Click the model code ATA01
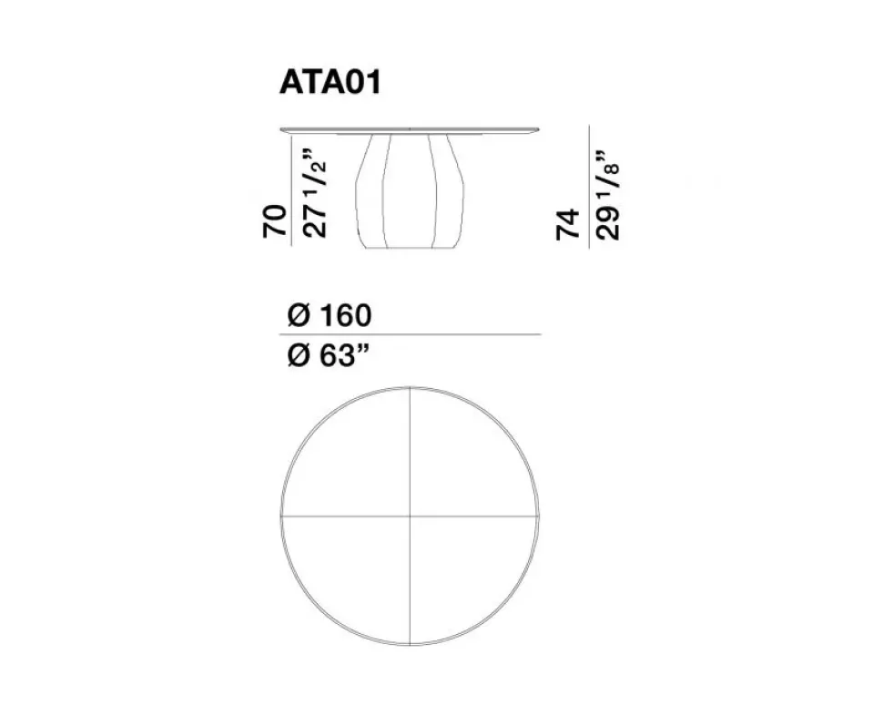pyautogui.click(x=329, y=83)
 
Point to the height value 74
pyautogui.click(x=568, y=224)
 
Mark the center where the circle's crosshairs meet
pyautogui.click(x=411, y=517)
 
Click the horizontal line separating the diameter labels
pyautogui.click(x=411, y=335)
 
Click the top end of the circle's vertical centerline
pyautogui.click(x=411, y=389)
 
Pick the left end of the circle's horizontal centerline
pyautogui.click(x=282, y=517)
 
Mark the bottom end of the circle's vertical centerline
pyautogui.click(x=411, y=645)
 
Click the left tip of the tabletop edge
pyautogui.click(x=282, y=129)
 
